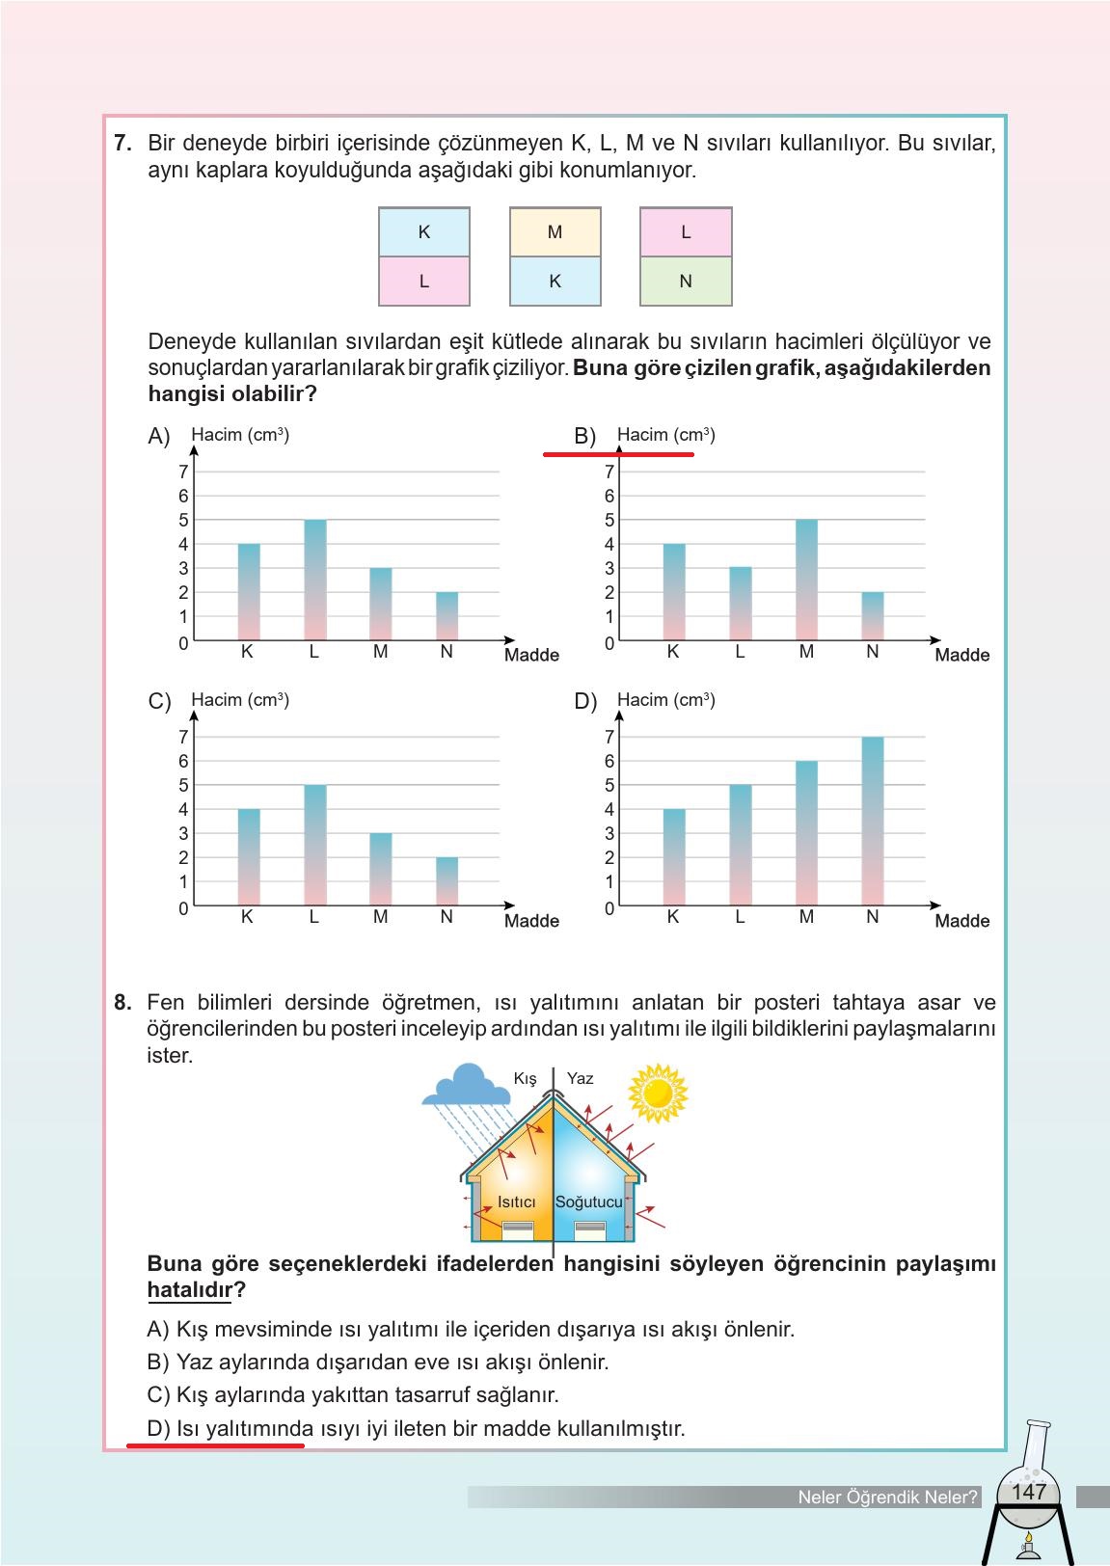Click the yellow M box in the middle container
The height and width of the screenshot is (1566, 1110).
click(x=555, y=232)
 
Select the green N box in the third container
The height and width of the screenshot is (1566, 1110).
click(x=686, y=282)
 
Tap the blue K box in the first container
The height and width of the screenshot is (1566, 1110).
click(x=423, y=232)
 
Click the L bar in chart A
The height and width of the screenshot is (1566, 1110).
click(x=315, y=580)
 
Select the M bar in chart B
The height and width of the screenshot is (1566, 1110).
click(x=806, y=580)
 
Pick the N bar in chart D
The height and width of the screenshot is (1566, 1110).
click(x=872, y=821)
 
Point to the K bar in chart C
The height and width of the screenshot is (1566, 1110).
click(x=249, y=856)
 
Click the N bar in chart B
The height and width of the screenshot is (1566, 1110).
click(x=872, y=616)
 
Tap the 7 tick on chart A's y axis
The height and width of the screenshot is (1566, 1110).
click(x=183, y=472)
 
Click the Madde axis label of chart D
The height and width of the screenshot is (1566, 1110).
click(x=961, y=921)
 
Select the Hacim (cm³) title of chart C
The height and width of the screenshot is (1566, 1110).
click(x=240, y=700)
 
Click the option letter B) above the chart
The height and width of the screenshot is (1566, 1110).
click(x=584, y=436)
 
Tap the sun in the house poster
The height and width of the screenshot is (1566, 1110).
click(x=658, y=1093)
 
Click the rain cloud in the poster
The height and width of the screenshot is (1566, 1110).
click(x=467, y=1086)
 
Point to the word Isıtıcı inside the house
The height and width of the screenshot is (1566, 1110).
click(x=516, y=1201)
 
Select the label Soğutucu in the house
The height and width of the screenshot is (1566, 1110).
click(x=588, y=1201)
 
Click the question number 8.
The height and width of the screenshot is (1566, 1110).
click(x=122, y=1003)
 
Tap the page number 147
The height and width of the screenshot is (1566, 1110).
click(x=1028, y=1492)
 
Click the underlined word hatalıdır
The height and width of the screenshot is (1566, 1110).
click(x=190, y=1290)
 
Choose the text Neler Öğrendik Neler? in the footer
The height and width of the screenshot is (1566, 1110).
click(x=887, y=1498)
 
